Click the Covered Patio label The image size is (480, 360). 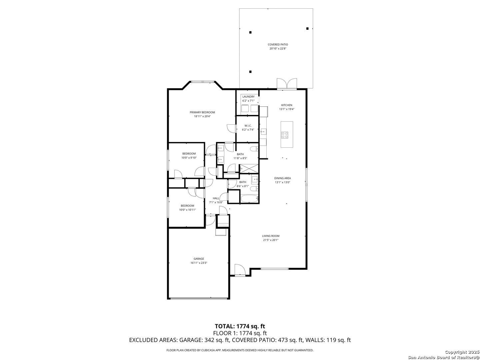tap(278, 45)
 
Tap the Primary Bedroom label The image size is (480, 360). tap(202, 112)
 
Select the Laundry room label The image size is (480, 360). tap(248, 97)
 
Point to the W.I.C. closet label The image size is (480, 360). tap(248, 126)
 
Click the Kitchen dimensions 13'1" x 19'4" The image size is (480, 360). tap(287, 109)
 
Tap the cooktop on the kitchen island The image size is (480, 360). tap(285, 135)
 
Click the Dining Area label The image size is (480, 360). tap(283, 178)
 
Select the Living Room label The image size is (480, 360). tap(271, 236)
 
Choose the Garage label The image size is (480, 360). tap(199, 259)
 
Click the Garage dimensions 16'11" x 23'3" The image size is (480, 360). tap(199, 263)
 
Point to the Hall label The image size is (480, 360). tap(216, 198)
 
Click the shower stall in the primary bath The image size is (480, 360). tap(249, 169)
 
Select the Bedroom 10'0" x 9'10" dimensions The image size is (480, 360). tap(189, 158)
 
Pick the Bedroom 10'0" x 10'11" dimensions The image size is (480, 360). tap(187, 210)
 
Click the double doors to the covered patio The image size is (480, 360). tap(287, 84)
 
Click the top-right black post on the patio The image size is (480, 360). tap(307, 28)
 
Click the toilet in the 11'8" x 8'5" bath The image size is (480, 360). tap(254, 149)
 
